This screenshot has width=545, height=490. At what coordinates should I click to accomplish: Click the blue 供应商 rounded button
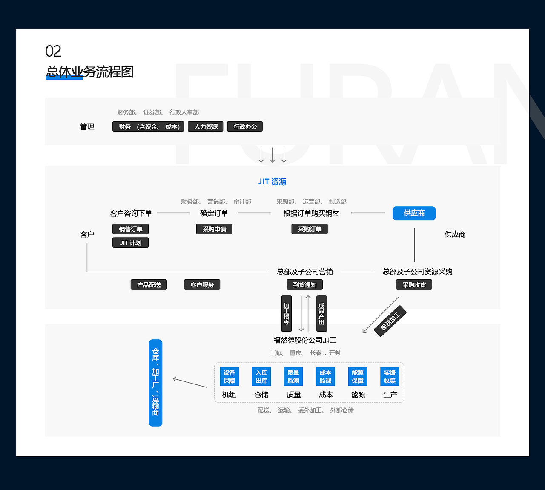pyautogui.click(x=414, y=213)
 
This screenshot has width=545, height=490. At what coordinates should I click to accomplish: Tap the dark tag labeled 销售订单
pyautogui.click(x=130, y=229)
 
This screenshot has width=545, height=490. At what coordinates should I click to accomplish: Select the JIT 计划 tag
pyautogui.click(x=130, y=243)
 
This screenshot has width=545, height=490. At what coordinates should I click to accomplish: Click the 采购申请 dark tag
pyautogui.click(x=214, y=229)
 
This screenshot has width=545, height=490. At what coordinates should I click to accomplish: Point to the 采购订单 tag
pyautogui.click(x=310, y=229)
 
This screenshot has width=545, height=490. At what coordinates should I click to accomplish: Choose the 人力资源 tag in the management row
pyautogui.click(x=205, y=126)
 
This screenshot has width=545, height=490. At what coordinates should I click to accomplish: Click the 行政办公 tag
pyautogui.click(x=245, y=126)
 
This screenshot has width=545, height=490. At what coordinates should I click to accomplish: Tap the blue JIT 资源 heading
pyautogui.click(x=272, y=181)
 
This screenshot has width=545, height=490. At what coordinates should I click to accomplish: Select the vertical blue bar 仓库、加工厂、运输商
pyautogui.click(x=155, y=383)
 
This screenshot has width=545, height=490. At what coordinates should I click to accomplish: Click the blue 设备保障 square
pyautogui.click(x=229, y=377)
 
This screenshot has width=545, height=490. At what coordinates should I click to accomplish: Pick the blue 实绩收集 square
pyautogui.click(x=390, y=377)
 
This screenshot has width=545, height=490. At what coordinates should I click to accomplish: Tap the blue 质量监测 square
pyautogui.click(x=293, y=377)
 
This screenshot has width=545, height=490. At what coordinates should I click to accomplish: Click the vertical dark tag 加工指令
pyautogui.click(x=287, y=314)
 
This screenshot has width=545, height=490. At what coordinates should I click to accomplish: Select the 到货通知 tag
pyautogui.click(x=304, y=285)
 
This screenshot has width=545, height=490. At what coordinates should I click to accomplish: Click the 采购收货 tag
pyautogui.click(x=414, y=285)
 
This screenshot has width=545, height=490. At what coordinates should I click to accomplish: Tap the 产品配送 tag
pyautogui.click(x=149, y=285)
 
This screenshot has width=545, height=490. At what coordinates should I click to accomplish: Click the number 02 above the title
pyautogui.click(x=53, y=51)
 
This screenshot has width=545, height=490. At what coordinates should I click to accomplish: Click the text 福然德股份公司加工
pyautogui.click(x=305, y=340)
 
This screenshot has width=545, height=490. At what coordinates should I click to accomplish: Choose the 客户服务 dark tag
pyautogui.click(x=202, y=285)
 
